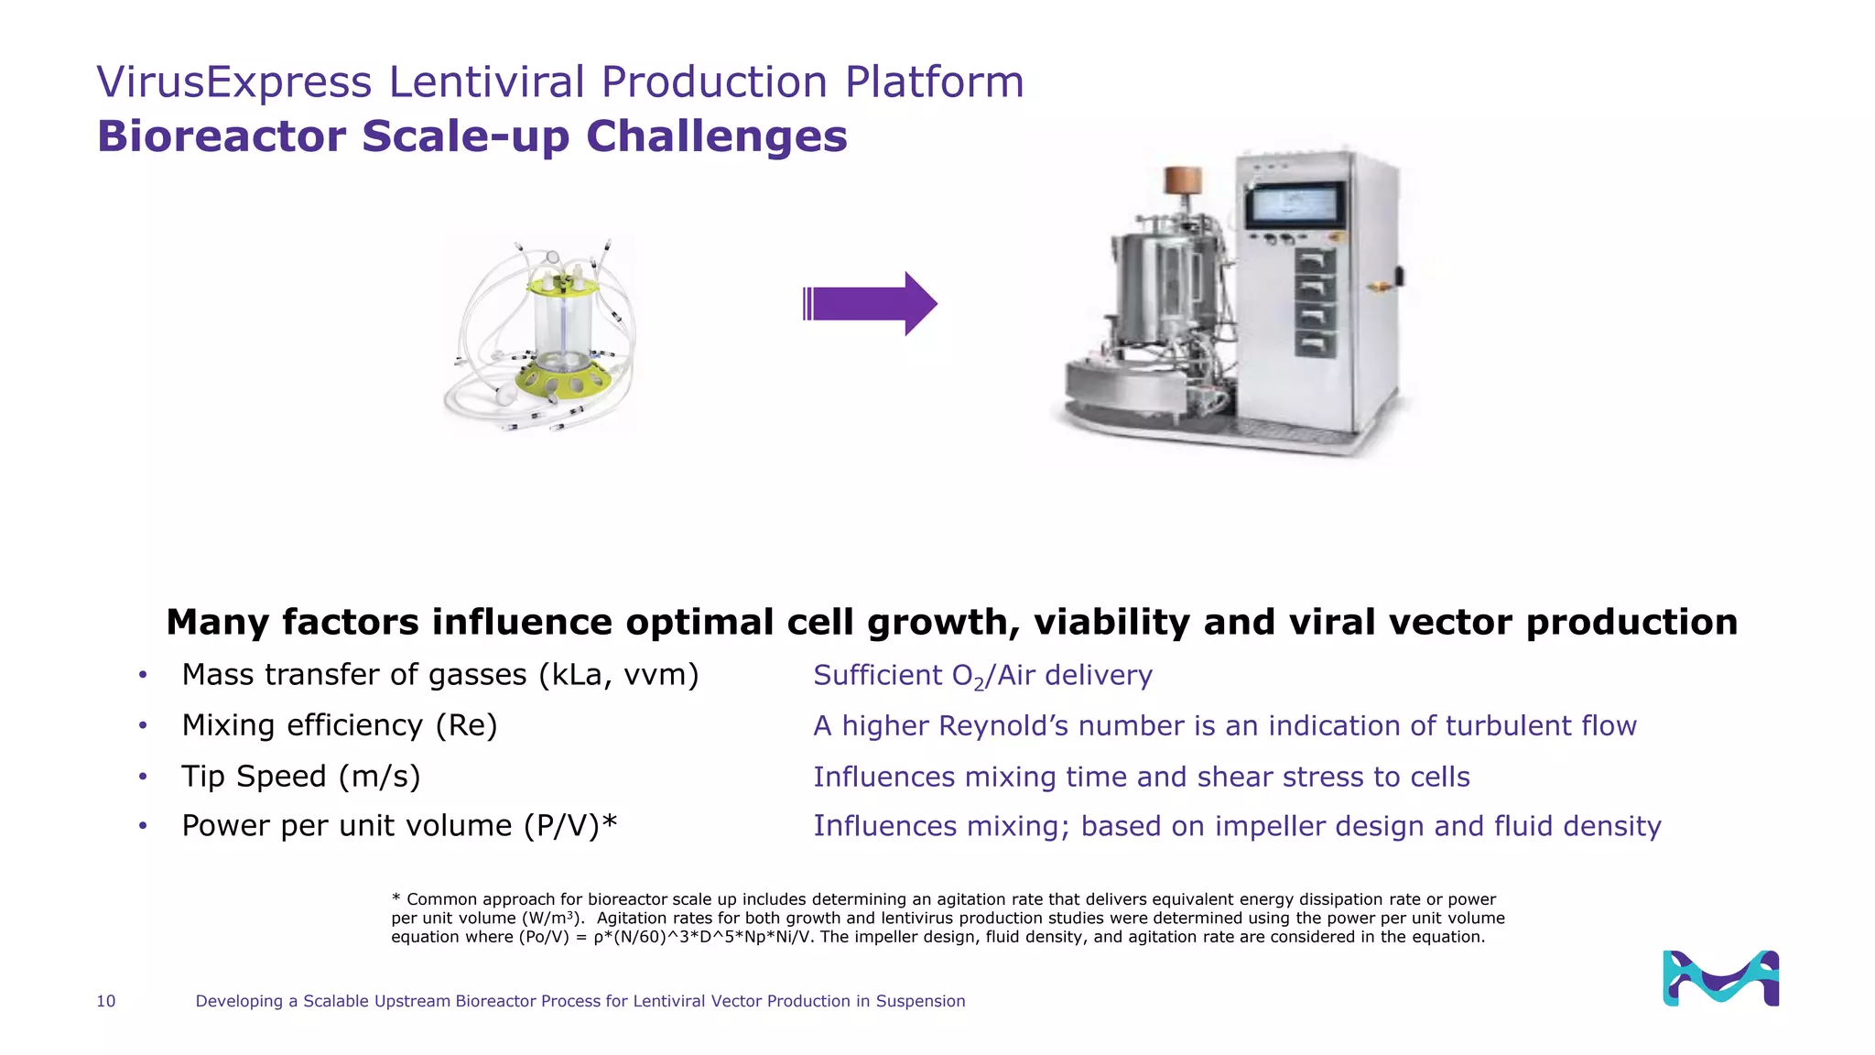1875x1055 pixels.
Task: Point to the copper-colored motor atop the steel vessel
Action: click(x=1182, y=180)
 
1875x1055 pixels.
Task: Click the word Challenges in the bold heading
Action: click(x=716, y=136)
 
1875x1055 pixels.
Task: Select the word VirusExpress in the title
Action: click(x=234, y=82)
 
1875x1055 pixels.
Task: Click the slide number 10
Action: click(x=106, y=1001)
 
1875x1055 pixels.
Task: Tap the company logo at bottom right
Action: click(x=1720, y=978)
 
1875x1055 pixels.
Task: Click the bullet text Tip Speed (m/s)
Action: click(x=300, y=777)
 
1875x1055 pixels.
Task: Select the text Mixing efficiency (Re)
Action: click(x=339, y=725)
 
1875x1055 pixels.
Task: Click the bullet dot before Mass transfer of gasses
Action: click(x=143, y=676)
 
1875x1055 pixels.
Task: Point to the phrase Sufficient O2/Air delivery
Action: click(x=982, y=676)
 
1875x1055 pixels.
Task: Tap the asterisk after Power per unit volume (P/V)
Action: click(x=610, y=823)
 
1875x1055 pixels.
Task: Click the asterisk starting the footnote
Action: click(x=396, y=898)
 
